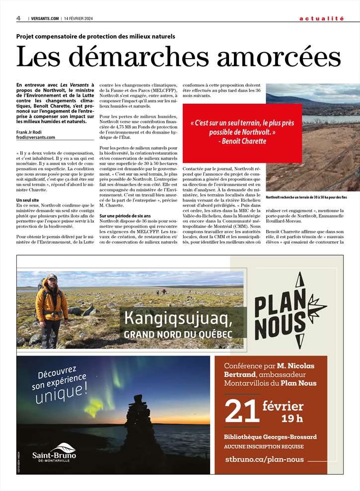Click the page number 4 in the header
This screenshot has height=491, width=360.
pos(18,18)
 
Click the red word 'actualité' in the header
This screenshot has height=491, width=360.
pos(321,18)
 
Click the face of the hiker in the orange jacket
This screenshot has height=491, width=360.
pos(51,282)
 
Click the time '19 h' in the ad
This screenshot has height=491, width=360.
pos(292,418)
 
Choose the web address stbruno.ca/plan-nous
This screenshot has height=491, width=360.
pos(264,459)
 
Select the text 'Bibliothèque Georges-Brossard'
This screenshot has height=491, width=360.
pos(270,437)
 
